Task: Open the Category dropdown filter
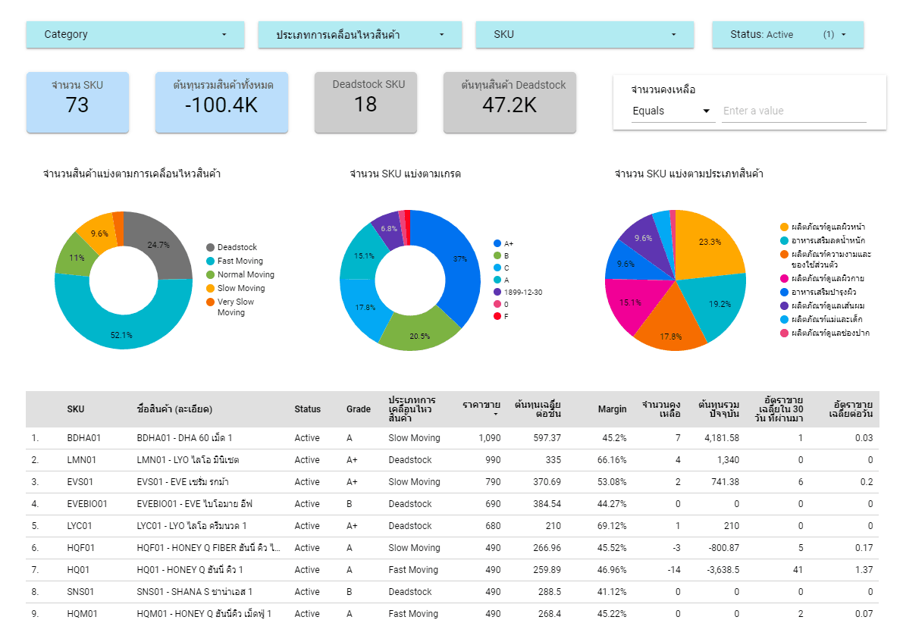point(135,34)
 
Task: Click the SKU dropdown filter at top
point(585,34)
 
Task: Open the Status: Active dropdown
point(787,34)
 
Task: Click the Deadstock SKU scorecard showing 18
point(365,102)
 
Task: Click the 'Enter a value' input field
point(793,111)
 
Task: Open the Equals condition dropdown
point(672,111)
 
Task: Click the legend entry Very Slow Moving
point(235,307)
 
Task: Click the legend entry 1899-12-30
point(522,292)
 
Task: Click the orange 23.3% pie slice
point(709,243)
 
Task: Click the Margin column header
point(612,409)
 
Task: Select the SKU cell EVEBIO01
point(87,504)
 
